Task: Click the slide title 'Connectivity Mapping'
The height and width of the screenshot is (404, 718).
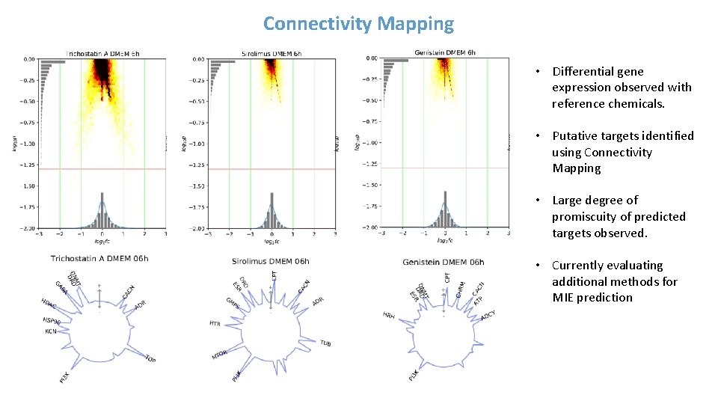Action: pos(358,24)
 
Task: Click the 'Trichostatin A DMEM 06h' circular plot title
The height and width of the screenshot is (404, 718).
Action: pos(99,259)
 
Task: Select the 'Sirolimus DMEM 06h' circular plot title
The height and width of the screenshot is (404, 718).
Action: pos(270,262)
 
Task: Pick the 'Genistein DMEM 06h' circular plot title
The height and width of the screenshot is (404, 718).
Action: pos(443,262)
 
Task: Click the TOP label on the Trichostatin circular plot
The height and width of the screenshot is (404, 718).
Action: pos(150,359)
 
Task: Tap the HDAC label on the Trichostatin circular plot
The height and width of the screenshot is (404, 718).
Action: pos(49,304)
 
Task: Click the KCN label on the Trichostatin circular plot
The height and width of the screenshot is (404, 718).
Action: pos(50,331)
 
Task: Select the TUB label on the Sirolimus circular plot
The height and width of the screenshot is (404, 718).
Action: pos(325,343)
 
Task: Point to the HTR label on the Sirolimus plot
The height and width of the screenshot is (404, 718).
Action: pos(215,324)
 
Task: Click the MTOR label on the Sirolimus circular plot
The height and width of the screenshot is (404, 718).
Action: pos(219,355)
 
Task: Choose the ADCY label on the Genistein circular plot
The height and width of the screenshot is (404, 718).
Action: pos(488,315)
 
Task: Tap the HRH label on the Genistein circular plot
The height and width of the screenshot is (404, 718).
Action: pos(389,315)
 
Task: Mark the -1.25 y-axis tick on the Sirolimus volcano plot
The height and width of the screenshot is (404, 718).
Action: pos(196,165)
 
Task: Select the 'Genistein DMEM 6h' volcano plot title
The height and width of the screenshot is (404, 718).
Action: pos(444,53)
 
